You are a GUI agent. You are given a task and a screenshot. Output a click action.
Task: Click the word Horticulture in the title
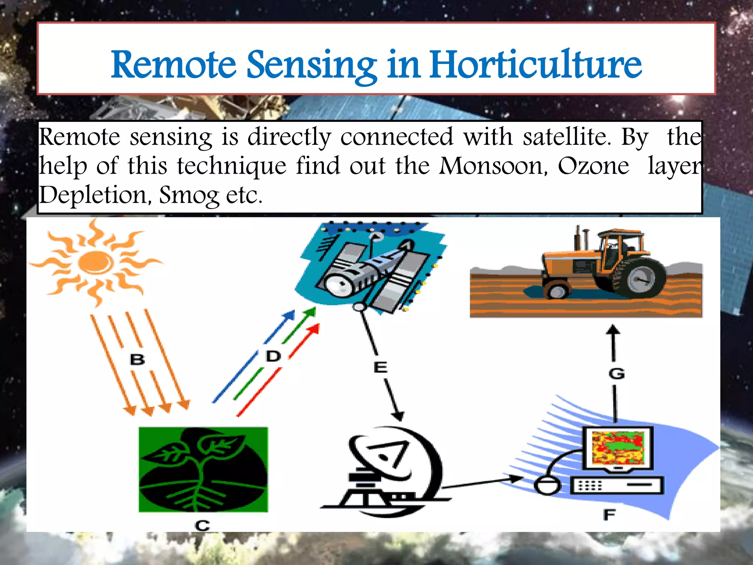point(536,64)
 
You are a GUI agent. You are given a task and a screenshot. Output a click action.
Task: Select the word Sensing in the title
point(311,65)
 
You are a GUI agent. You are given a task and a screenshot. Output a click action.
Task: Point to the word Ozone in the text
point(593,166)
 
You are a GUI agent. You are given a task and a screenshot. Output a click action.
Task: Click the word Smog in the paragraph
point(189,195)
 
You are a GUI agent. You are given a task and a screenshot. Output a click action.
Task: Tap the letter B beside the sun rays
point(137,359)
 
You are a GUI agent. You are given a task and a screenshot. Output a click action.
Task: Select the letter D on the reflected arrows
point(273,356)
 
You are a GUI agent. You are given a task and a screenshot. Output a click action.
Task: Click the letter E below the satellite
point(380,367)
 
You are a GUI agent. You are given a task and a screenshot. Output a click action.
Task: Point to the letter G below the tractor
point(616,374)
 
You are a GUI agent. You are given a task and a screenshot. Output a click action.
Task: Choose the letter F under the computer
point(609,515)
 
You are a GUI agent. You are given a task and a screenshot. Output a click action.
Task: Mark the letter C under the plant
point(202,525)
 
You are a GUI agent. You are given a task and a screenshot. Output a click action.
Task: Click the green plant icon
point(203,469)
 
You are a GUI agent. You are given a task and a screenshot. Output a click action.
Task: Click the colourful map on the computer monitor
point(618,448)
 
